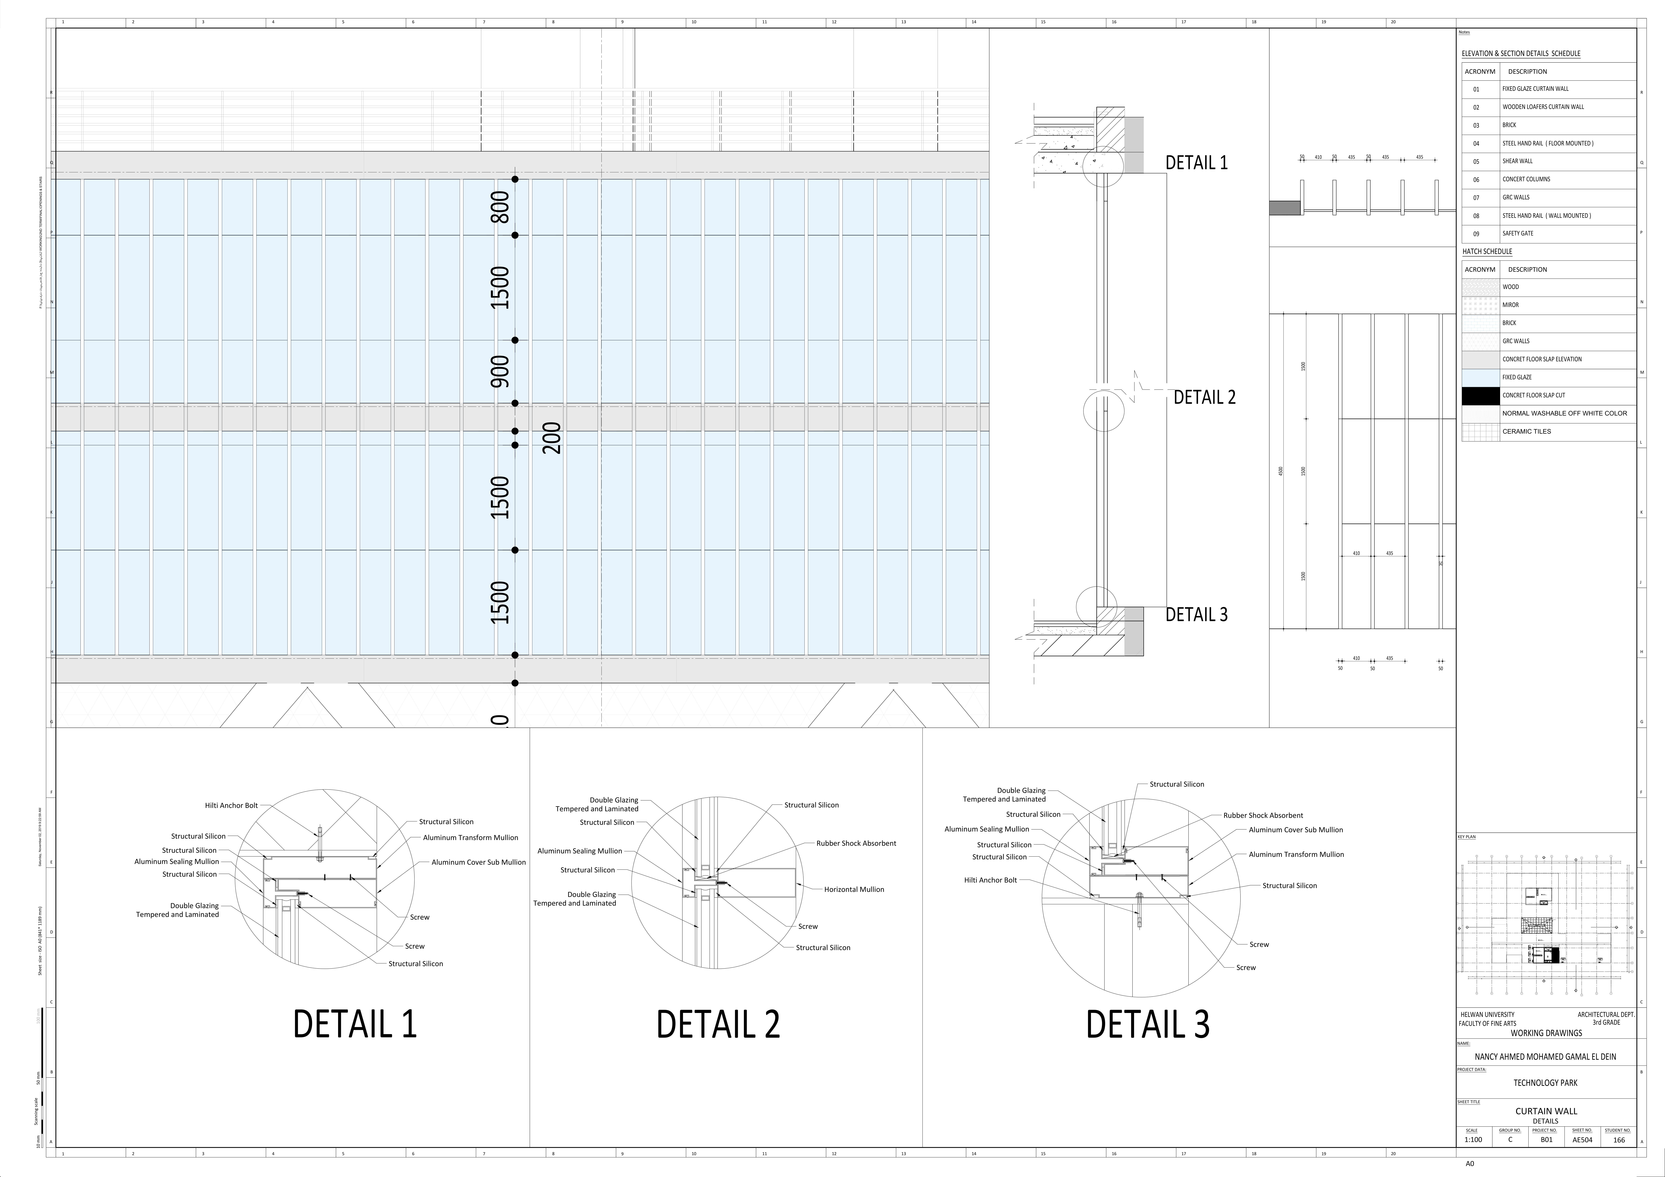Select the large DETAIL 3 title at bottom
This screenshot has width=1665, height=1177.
coord(1147,1024)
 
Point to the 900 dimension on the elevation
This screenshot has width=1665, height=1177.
coord(500,371)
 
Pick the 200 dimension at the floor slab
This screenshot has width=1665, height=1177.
coord(553,438)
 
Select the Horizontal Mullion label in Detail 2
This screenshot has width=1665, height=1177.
coord(853,889)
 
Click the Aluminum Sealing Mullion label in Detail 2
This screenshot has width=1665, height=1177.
coord(579,851)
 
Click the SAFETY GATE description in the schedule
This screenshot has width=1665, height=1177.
coord(1518,233)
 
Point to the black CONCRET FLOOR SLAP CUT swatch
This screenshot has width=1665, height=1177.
coord(1480,396)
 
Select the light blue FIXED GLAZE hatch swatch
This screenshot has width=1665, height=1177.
coord(1480,378)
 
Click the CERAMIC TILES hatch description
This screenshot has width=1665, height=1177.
coord(1526,431)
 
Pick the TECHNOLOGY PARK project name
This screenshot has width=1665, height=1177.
coord(1545,1083)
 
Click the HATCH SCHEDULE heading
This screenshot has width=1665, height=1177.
coord(1487,251)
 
